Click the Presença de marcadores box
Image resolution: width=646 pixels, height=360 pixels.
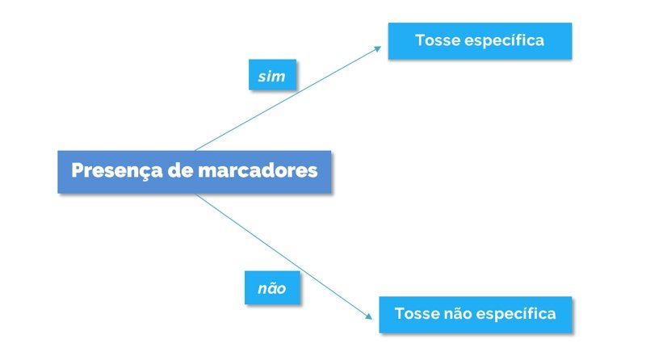pos(194,172)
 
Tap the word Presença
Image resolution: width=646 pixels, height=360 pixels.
pos(117,171)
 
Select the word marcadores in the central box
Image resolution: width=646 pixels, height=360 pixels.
pos(258,170)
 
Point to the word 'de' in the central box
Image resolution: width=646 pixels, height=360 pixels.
pos(180,170)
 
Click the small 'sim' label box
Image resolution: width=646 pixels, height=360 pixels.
pos(272,74)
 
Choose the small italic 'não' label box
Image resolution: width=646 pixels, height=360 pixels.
pos(272,287)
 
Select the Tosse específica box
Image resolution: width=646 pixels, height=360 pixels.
pos(480,41)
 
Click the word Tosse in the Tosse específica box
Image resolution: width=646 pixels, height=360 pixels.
pos(436,40)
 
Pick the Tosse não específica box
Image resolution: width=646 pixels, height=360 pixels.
pos(476,314)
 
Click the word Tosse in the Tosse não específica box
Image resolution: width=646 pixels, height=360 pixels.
pos(416,313)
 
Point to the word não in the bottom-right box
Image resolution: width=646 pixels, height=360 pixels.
pos(456,313)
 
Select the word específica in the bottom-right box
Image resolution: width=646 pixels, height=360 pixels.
pos(516,314)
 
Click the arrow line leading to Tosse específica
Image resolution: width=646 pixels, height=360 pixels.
pos(288,98)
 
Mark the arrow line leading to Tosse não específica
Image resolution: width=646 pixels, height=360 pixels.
pos(284,256)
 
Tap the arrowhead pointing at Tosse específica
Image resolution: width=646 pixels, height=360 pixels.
pos(377,49)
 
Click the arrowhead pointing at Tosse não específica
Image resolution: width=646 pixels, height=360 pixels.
pos(368,316)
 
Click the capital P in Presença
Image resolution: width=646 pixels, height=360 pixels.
pos(78,170)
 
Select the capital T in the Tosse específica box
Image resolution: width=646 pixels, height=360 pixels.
pos(420,40)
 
